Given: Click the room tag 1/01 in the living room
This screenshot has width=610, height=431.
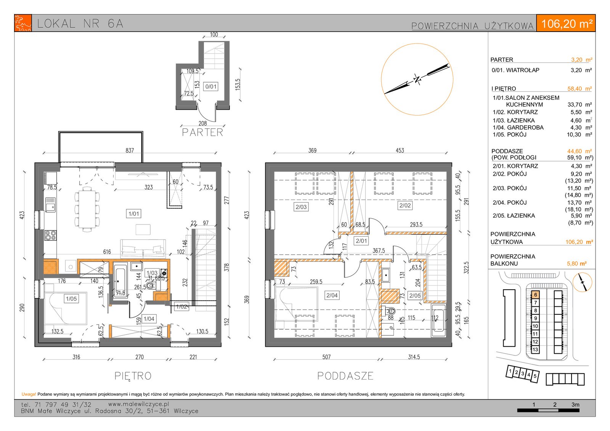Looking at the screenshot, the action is click(134, 214).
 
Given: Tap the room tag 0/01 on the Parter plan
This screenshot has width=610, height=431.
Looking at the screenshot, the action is click(211, 87).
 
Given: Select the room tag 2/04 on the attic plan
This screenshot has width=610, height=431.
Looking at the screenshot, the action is click(332, 295).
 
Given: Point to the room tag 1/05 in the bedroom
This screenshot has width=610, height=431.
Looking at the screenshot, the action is click(71, 299).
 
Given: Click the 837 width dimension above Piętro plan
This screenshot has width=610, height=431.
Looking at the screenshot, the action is click(130, 150).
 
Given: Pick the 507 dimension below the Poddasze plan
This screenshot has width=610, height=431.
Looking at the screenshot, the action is click(326, 357).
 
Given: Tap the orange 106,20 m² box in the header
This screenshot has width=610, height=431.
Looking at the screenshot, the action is click(567, 24).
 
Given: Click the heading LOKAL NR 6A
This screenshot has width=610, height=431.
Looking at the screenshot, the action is click(80, 24).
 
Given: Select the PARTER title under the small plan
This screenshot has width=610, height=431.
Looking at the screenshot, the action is click(202, 133).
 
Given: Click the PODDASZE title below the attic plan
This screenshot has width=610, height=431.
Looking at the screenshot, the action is click(345, 376).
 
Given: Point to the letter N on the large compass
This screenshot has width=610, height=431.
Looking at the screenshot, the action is click(417, 79).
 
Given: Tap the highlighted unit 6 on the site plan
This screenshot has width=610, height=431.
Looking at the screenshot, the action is click(535, 295).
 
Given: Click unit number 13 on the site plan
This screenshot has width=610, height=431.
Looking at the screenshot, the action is click(535, 349).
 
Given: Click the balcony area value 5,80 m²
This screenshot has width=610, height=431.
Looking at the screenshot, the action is click(576, 264).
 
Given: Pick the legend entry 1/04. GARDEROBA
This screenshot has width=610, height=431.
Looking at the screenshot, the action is click(518, 127).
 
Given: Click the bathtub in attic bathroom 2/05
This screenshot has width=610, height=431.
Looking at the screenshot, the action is click(438, 321).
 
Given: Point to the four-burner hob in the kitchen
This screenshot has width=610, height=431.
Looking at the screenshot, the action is click(51, 235).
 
